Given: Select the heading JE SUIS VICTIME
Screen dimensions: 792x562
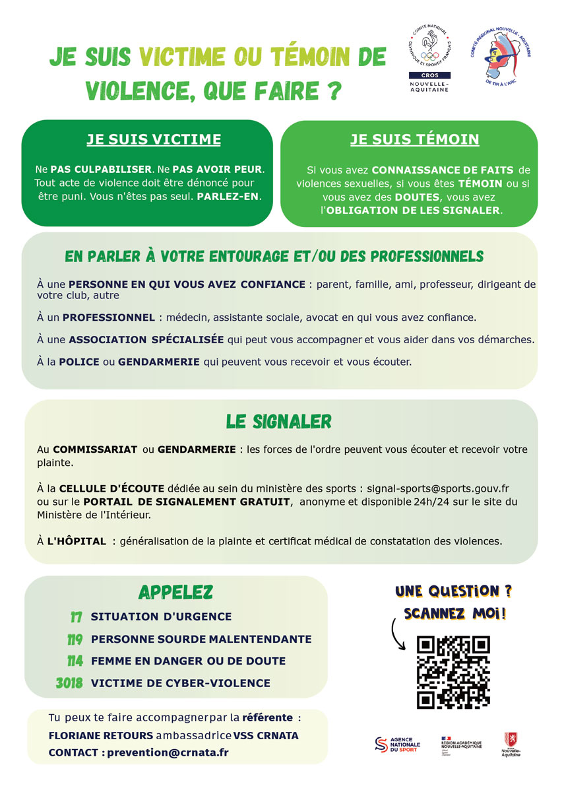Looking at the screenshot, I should tap(154, 139).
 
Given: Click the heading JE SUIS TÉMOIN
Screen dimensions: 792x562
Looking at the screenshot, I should tap(414, 139).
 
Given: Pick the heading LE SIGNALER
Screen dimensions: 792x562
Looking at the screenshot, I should tap(278, 421).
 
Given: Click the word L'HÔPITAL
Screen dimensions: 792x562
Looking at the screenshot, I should tap(77, 541).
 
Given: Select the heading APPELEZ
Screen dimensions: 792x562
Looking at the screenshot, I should tap(175, 591).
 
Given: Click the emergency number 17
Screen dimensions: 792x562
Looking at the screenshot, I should tap(76, 617).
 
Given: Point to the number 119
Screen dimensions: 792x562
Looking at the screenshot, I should tap(75, 640).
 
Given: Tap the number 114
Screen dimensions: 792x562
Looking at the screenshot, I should tap(75, 661).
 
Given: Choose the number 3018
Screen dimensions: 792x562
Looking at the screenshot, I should tap(69, 683).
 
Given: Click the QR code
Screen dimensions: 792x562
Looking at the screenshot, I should tap(453, 671).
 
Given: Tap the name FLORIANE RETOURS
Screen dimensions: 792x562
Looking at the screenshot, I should tap(100, 735).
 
